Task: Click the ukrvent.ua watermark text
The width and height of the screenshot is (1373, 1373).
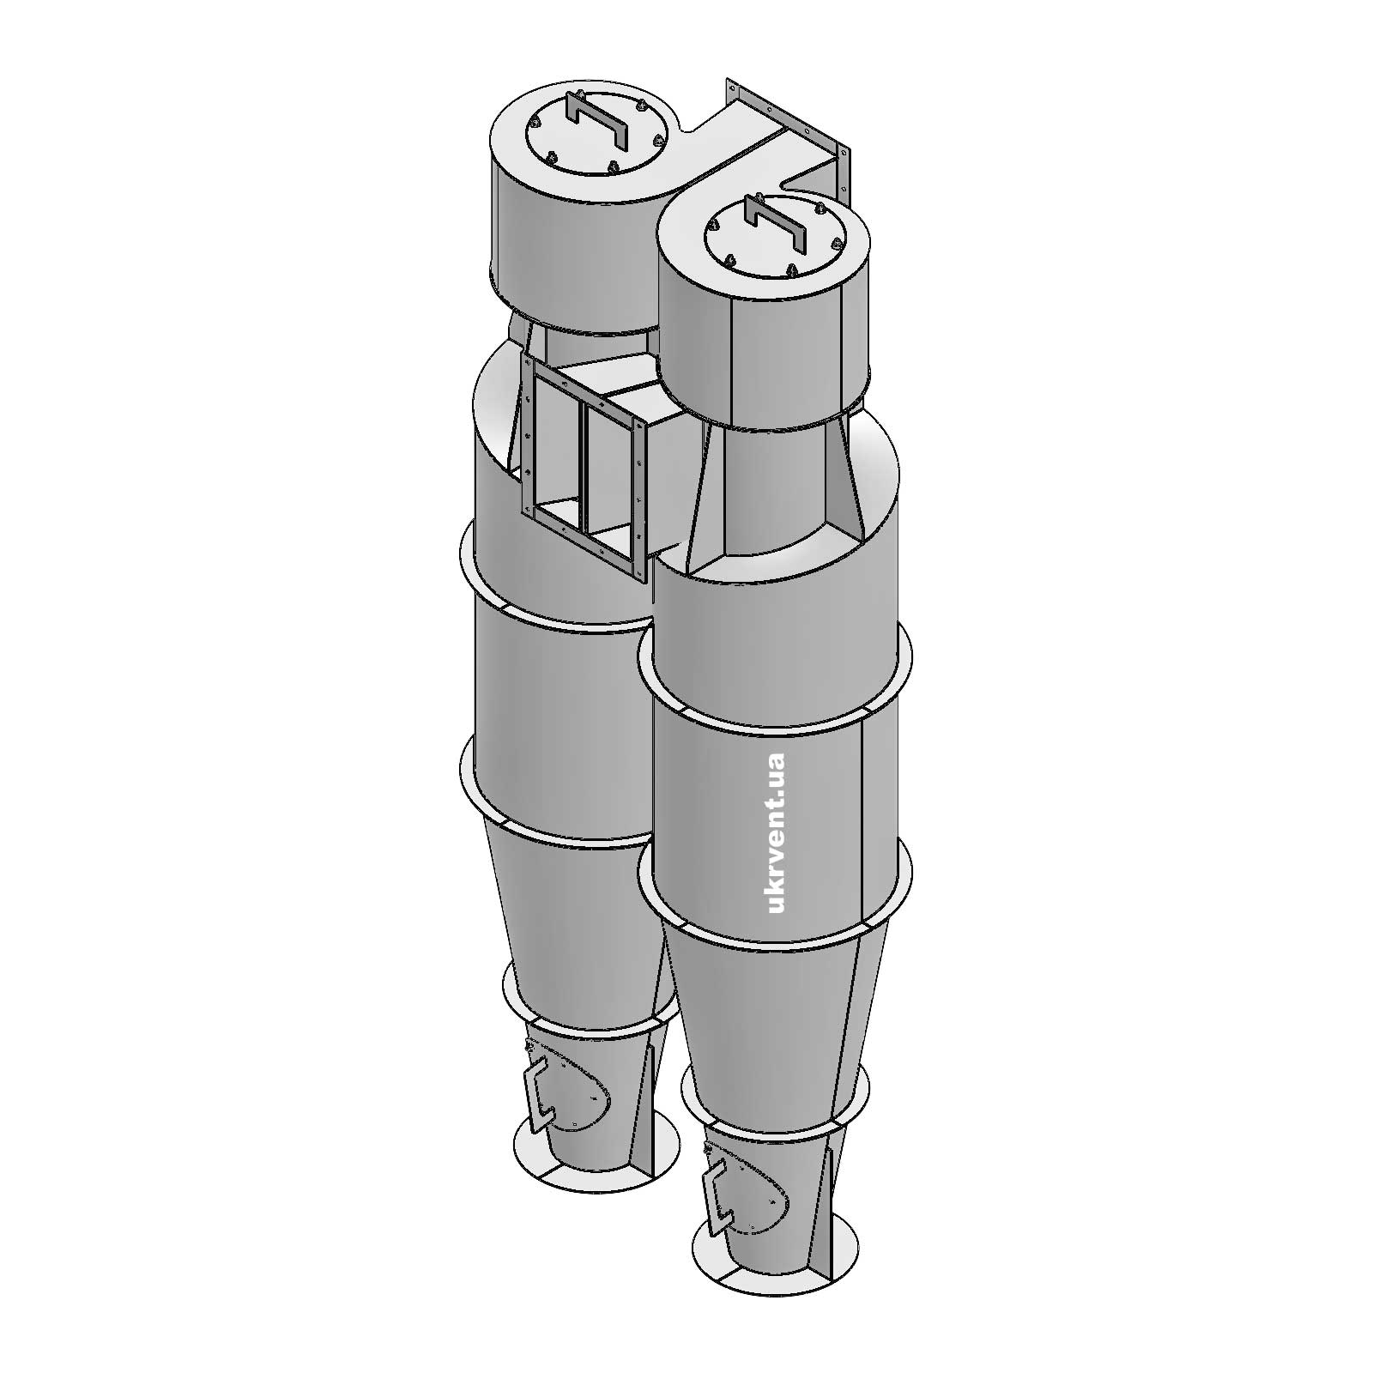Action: point(777,833)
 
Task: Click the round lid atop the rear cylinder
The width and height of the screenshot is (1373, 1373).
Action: point(592,142)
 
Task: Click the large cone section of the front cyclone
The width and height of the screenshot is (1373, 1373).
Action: point(772,1004)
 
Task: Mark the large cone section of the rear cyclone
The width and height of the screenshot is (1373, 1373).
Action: point(575,910)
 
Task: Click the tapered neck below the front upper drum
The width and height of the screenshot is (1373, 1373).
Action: point(772,489)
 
